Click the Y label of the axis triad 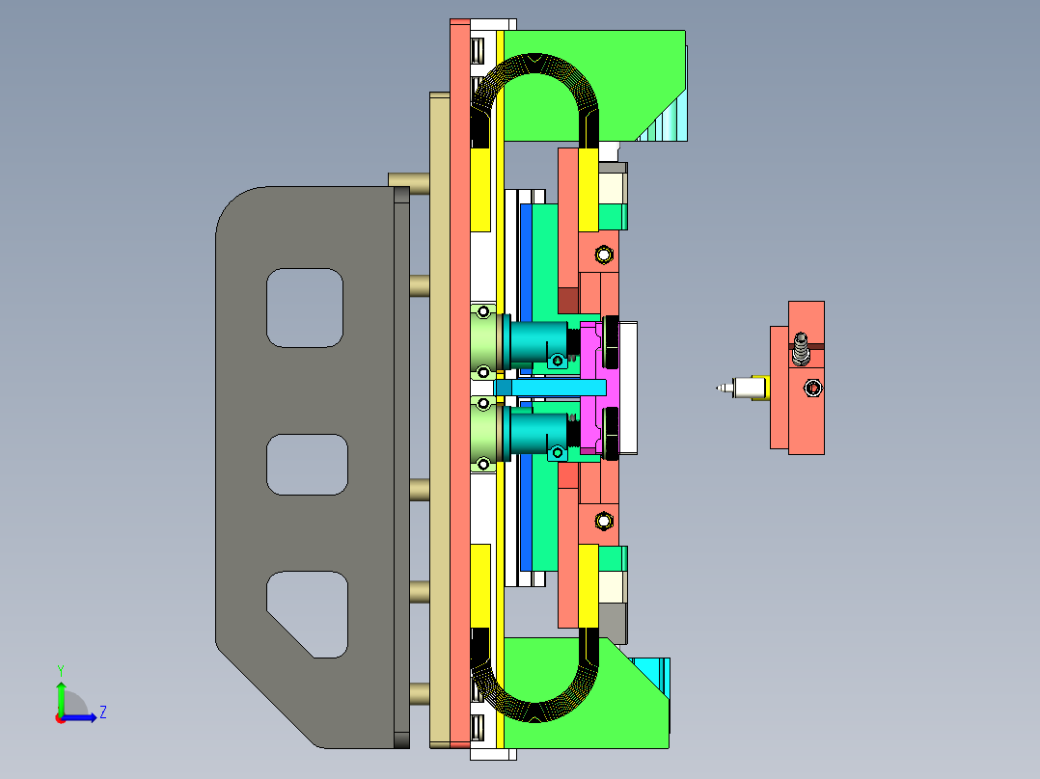(x=61, y=670)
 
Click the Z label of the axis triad (x=103, y=712)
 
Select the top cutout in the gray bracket (x=305, y=308)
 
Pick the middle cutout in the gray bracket (x=307, y=465)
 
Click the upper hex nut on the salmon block (x=604, y=255)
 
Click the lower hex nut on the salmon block (x=604, y=522)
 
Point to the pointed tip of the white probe (x=717, y=388)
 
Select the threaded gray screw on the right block (x=801, y=349)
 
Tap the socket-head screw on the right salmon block (x=813, y=388)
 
